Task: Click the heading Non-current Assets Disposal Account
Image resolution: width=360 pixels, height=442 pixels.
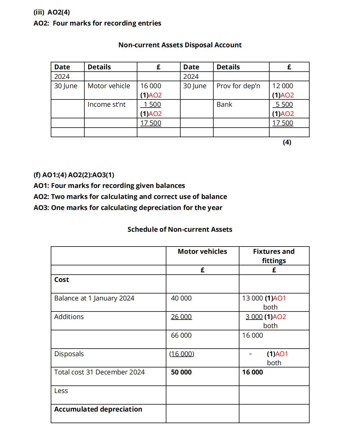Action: coord(180,45)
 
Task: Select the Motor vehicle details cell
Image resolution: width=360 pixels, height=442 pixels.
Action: coord(109,86)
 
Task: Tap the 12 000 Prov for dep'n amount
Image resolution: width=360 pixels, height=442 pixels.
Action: coord(283,86)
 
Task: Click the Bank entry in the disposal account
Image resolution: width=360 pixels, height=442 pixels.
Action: coord(224,104)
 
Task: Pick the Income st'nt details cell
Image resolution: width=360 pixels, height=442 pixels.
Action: coord(106,104)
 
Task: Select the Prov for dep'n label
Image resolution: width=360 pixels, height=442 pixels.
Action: coord(238,86)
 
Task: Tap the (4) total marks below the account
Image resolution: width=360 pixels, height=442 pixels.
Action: coord(287,142)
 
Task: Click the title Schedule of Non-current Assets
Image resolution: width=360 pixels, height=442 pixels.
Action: coord(180,229)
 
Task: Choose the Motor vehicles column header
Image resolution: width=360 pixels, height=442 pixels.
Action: coord(202,251)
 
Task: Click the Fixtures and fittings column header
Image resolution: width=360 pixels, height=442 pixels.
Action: coord(274,256)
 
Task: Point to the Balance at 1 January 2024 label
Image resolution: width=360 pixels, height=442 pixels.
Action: coord(94,298)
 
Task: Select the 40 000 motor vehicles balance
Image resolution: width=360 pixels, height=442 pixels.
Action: coord(181,298)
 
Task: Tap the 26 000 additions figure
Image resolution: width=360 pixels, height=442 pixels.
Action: coord(181,317)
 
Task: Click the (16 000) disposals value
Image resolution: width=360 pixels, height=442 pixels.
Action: coord(182,354)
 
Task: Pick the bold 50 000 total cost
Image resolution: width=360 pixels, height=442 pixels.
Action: coord(181,372)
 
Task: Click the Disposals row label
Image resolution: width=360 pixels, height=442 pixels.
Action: coord(69,354)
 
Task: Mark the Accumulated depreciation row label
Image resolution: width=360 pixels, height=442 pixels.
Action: coord(98,409)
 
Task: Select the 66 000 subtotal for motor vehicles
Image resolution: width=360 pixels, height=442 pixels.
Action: coord(181,335)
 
